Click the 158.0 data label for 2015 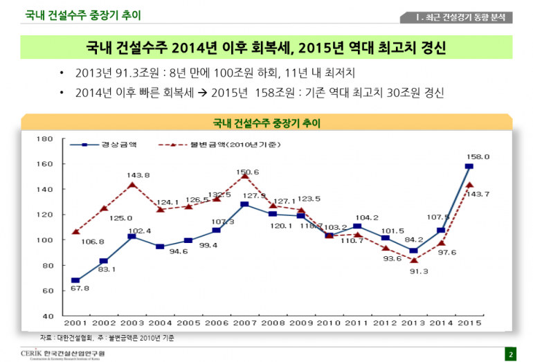(x=477, y=157)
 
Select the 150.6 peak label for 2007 (x=248, y=172)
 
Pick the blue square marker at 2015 (x=469, y=167)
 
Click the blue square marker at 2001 (x=75, y=280)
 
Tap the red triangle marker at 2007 (x=244, y=177)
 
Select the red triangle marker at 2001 (x=75, y=232)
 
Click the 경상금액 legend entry (x=111, y=145)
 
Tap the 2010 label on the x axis (x=329, y=323)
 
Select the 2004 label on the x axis (x=159, y=323)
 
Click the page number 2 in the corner (x=511, y=354)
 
